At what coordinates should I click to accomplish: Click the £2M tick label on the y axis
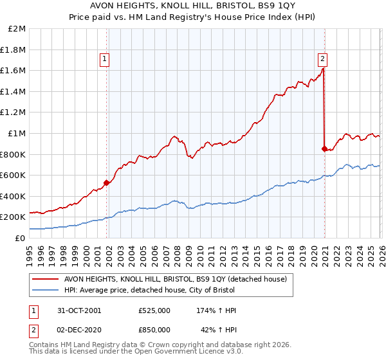click(x=17, y=29)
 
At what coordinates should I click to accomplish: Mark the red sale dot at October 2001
click(x=106, y=183)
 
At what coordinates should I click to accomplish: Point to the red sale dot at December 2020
click(x=324, y=148)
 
